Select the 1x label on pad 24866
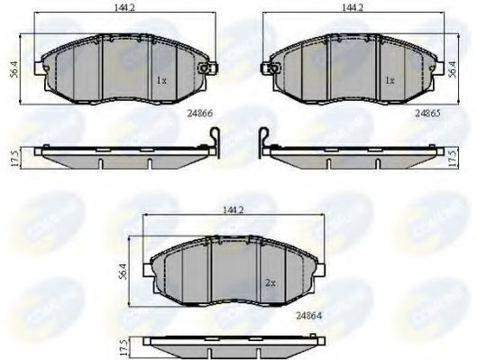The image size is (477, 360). (161, 79)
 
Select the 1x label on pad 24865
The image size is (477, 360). (390, 79)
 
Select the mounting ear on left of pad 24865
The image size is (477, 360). (267, 65)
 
